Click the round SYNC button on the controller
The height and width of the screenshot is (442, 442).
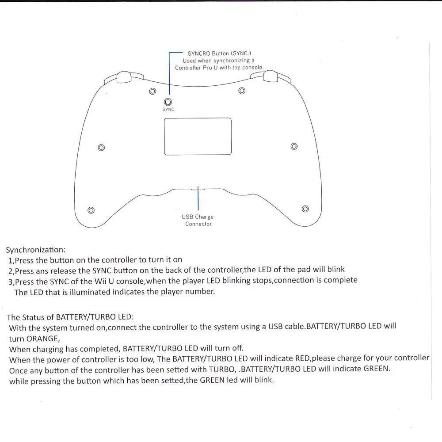[x=168, y=102]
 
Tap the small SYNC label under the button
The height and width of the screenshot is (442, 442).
[x=168, y=110]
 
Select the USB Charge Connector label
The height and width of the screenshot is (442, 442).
[x=198, y=220]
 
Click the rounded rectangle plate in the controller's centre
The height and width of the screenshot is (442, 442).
[x=198, y=136]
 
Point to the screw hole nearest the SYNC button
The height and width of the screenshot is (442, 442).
[x=152, y=91]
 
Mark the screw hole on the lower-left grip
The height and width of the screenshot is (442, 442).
[x=91, y=210]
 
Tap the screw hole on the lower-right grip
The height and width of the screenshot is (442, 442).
[x=305, y=209]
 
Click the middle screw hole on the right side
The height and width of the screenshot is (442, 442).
[x=294, y=146]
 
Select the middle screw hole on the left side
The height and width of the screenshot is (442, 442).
[x=101, y=147]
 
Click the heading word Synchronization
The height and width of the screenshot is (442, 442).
[x=35, y=250]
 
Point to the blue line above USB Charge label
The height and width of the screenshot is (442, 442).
[x=198, y=199]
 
